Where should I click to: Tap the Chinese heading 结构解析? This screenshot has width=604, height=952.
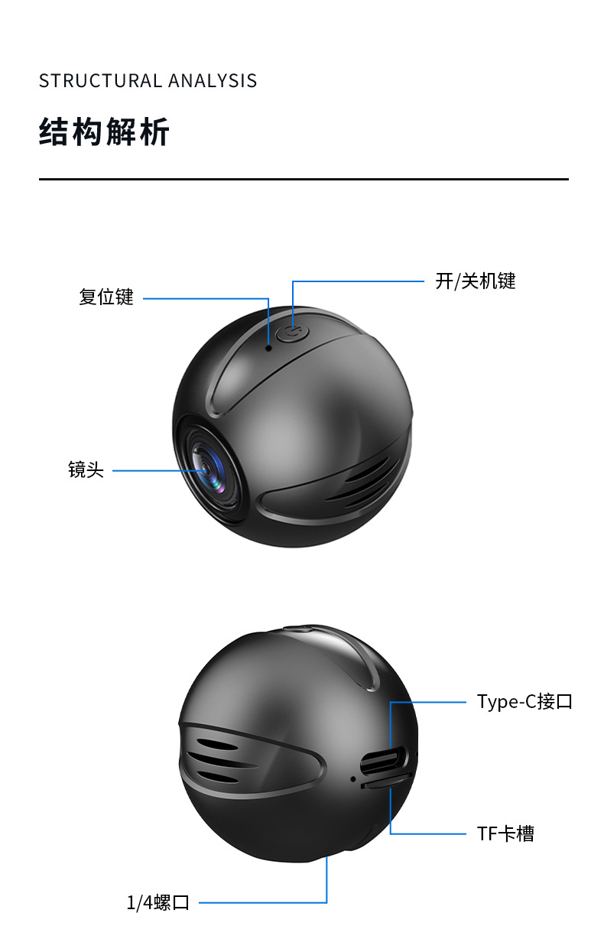[104, 132]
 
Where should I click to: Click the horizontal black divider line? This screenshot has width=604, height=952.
[304, 179]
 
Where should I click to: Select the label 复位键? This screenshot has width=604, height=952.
[106, 297]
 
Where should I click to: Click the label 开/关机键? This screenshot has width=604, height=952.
[476, 281]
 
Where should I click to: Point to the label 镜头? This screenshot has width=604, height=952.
[86, 470]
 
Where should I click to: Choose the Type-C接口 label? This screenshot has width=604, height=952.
[524, 701]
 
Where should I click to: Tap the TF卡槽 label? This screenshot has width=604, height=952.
[505, 833]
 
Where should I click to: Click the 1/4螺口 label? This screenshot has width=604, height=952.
[157, 902]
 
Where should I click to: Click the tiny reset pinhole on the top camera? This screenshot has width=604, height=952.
[269, 347]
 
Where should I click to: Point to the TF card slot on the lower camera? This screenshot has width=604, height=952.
[387, 781]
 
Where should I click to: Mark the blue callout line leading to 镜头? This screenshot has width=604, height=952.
[157, 470]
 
